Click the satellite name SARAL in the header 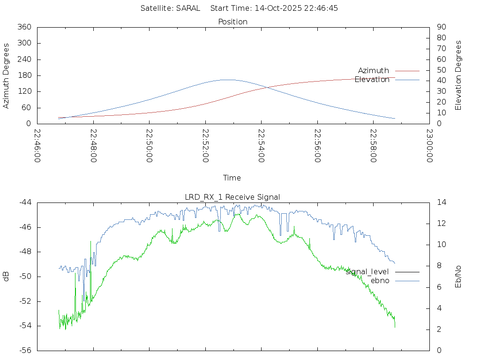pos(188,8)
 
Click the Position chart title pos(233,22)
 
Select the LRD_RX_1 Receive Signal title pos(232,197)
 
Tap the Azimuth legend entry pos(374,71)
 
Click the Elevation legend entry pos(372,80)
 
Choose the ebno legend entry pos(380,280)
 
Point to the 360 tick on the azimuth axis pos(24,27)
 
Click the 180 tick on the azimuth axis pos(24,75)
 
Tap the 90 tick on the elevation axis pos(441,27)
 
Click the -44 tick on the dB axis pos(25,202)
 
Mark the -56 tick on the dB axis pos(25,350)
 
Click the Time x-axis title pos(232,178)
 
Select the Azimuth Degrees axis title pos(7,75)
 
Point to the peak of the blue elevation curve pos(227,80)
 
